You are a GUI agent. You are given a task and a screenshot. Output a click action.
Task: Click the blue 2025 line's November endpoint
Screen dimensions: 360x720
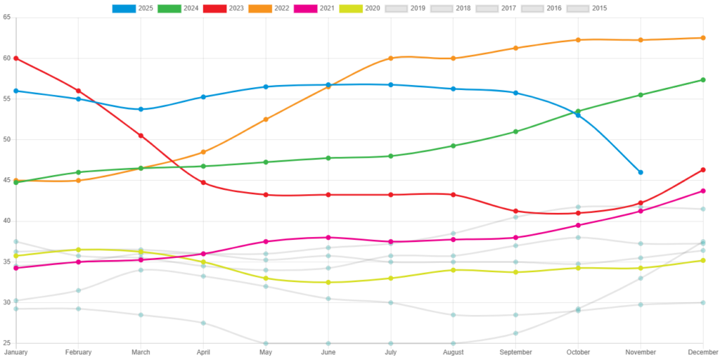pos(641,172)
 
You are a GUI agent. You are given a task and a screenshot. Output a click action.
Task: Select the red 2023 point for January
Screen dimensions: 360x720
pos(15,58)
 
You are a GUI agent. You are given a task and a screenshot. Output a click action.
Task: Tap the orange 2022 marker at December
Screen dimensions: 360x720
pos(703,37)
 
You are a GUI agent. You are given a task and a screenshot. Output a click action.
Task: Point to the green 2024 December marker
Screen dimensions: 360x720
pos(703,80)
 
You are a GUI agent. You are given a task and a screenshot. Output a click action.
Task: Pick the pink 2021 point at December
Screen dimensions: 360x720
pos(703,191)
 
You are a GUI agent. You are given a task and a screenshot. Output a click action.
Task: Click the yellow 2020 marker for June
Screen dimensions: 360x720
pos(328,282)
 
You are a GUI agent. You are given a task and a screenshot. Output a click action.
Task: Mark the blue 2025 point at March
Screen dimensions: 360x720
pos(141,109)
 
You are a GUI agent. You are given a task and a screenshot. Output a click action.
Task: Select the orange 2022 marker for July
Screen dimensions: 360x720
pos(391,58)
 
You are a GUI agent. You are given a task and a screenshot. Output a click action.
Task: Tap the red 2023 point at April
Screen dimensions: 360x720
pos(203,182)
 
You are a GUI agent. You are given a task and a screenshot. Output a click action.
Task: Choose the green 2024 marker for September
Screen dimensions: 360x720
pos(515,131)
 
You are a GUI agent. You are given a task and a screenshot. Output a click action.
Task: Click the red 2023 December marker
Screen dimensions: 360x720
pos(703,169)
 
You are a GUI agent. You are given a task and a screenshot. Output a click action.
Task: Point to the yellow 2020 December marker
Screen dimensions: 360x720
pos(703,260)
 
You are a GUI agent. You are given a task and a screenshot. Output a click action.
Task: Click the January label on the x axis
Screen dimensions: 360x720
pos(15,352)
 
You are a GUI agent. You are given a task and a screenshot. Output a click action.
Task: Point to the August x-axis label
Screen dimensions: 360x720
pos(453,352)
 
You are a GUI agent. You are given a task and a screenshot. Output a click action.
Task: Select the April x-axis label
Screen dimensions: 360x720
pos(203,352)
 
